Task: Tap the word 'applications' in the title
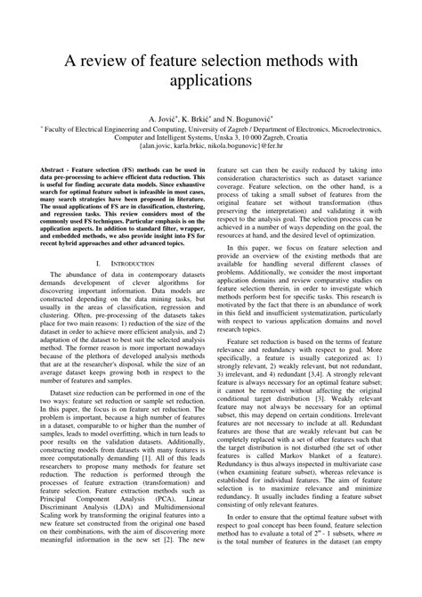(211, 82)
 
